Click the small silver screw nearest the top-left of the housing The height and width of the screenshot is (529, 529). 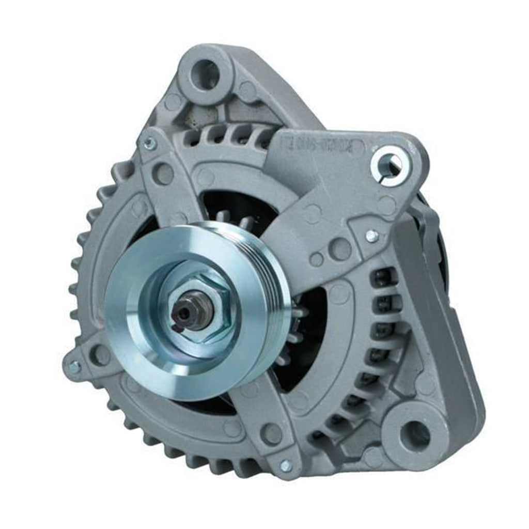[x=149, y=144]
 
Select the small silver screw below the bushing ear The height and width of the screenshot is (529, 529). [x=370, y=236]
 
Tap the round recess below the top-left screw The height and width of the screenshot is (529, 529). [x=163, y=174]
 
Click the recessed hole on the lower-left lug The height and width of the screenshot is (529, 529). [x=100, y=355]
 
